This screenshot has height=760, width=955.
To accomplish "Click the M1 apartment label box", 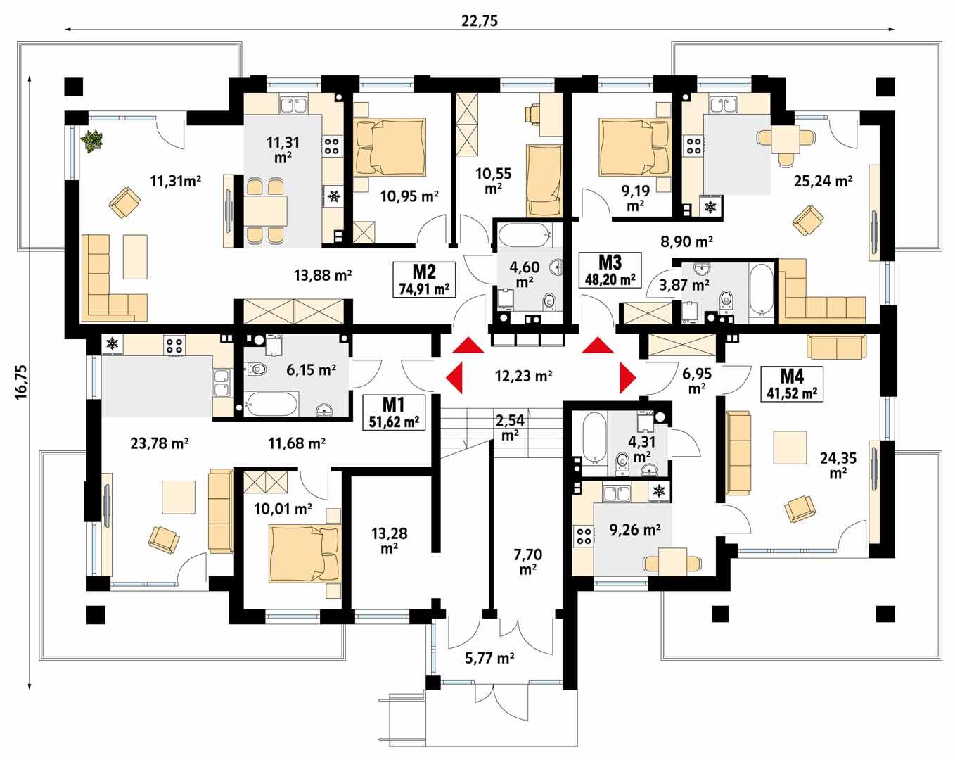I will [394, 412].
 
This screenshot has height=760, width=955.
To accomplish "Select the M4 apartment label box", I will [792, 384].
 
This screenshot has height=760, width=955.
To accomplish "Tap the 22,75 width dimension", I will [480, 20].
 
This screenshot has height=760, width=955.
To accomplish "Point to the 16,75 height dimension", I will [19, 381].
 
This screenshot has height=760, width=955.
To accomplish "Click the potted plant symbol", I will [91, 141].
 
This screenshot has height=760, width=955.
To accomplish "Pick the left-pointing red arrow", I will [454, 378].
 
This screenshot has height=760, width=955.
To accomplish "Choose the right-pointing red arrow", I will [627, 378].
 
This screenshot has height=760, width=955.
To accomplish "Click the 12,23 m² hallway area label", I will [523, 376].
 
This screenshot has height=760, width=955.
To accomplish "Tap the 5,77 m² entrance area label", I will [489, 659].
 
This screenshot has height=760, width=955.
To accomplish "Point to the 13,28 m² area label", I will [389, 540].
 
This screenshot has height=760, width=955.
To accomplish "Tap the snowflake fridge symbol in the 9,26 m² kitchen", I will [659, 490].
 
